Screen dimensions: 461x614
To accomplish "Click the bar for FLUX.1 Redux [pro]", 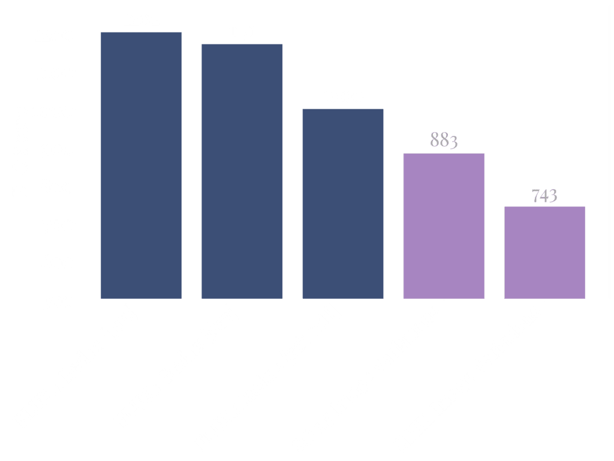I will [x=141, y=165].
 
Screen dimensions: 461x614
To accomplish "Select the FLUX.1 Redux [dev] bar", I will [x=242, y=171].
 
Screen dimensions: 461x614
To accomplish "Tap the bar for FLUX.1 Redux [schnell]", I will [x=343, y=203].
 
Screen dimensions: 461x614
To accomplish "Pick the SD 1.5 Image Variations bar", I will [x=444, y=226].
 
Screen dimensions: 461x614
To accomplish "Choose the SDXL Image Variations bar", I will [x=544, y=252].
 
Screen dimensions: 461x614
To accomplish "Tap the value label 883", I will [x=444, y=140].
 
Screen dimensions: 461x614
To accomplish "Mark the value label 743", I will [x=544, y=196].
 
